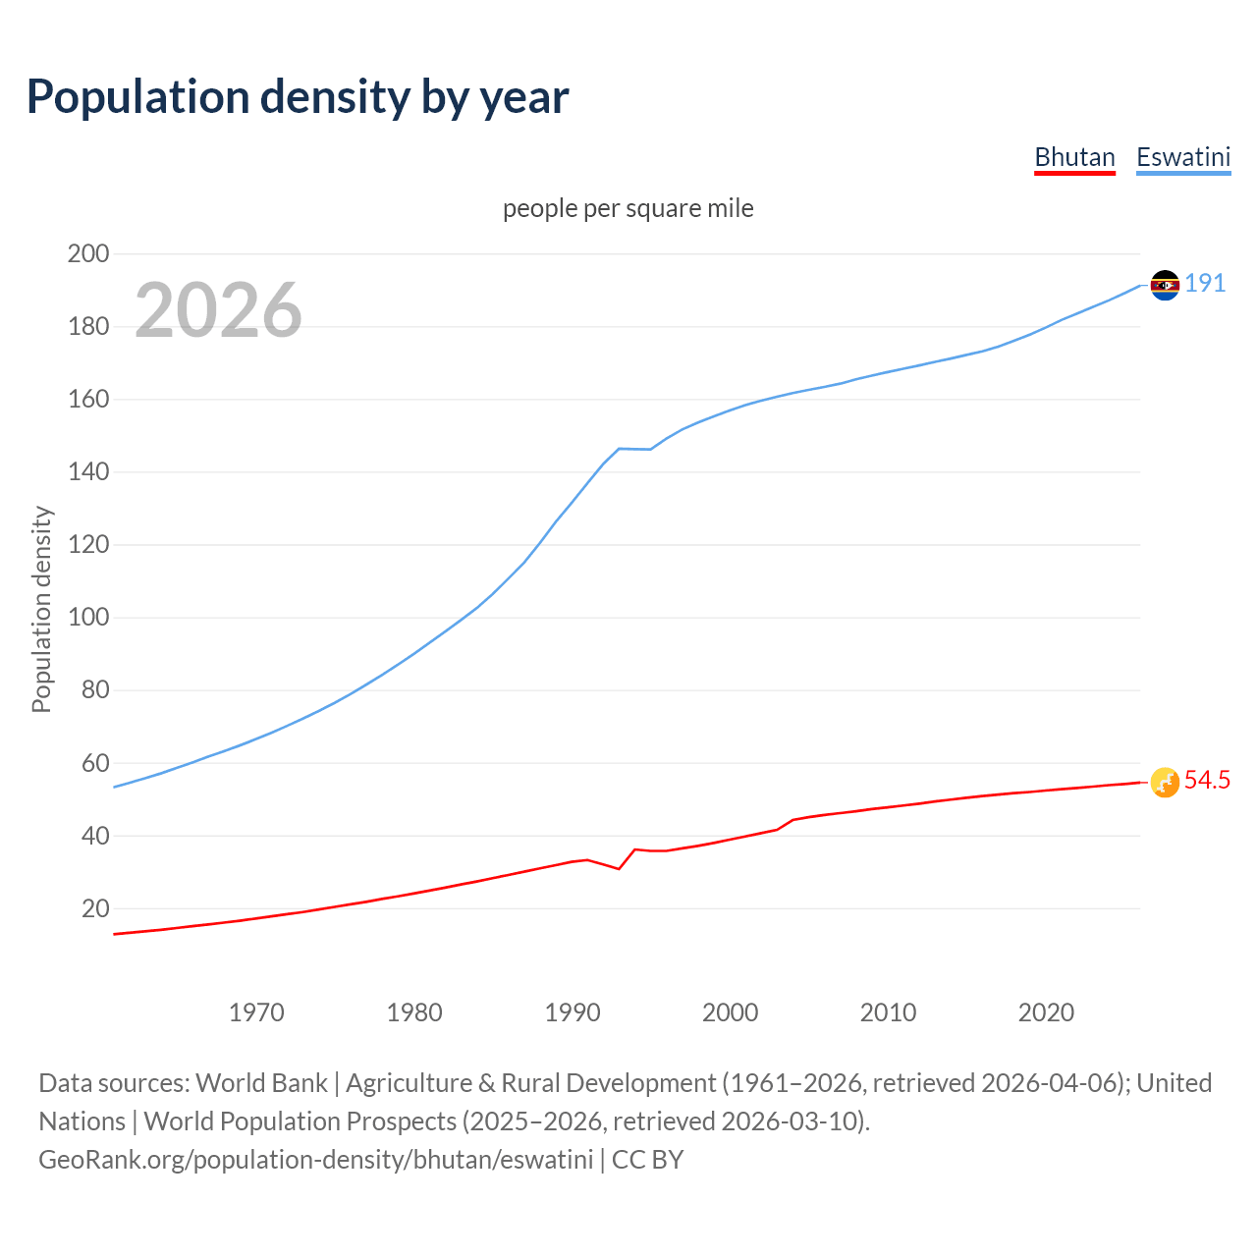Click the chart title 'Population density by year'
pos(298,97)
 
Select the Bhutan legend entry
pos(1074,157)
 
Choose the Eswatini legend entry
pos(1183,157)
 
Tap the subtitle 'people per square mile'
pos(628,208)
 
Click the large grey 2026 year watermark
pos(218,310)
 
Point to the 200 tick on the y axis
pos(88,253)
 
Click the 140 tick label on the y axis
pos(88,471)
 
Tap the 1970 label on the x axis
pos(256,1012)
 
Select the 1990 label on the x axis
pos(573,1012)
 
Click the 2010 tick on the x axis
pos(888,1012)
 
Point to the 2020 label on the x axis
pos(1046,1012)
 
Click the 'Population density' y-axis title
pos(41,609)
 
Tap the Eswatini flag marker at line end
pos(1165,285)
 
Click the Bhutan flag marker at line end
pos(1165,783)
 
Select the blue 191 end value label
pos(1205,284)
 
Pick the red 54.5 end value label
pos(1207,781)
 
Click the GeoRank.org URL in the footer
pos(315,1160)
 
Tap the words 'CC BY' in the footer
pos(647,1160)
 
